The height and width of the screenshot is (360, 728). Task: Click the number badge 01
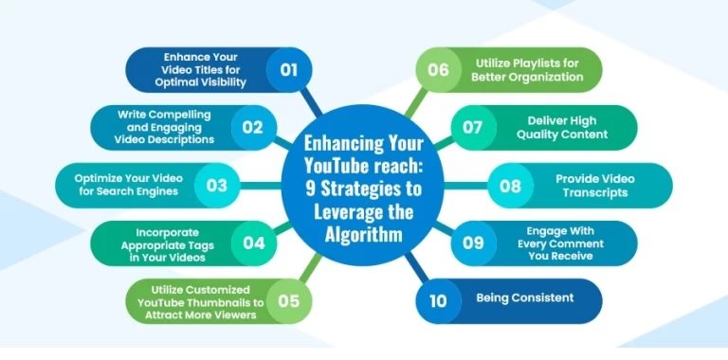point(288,69)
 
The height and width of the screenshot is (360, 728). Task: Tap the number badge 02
point(252,127)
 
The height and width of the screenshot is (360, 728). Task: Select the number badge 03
point(217,185)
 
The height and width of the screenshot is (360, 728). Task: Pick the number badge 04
point(253,243)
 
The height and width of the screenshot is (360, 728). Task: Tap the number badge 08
point(511,185)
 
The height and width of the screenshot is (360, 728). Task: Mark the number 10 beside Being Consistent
point(439,300)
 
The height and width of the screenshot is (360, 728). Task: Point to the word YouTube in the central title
point(338,167)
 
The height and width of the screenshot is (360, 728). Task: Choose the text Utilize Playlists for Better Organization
point(530,69)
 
